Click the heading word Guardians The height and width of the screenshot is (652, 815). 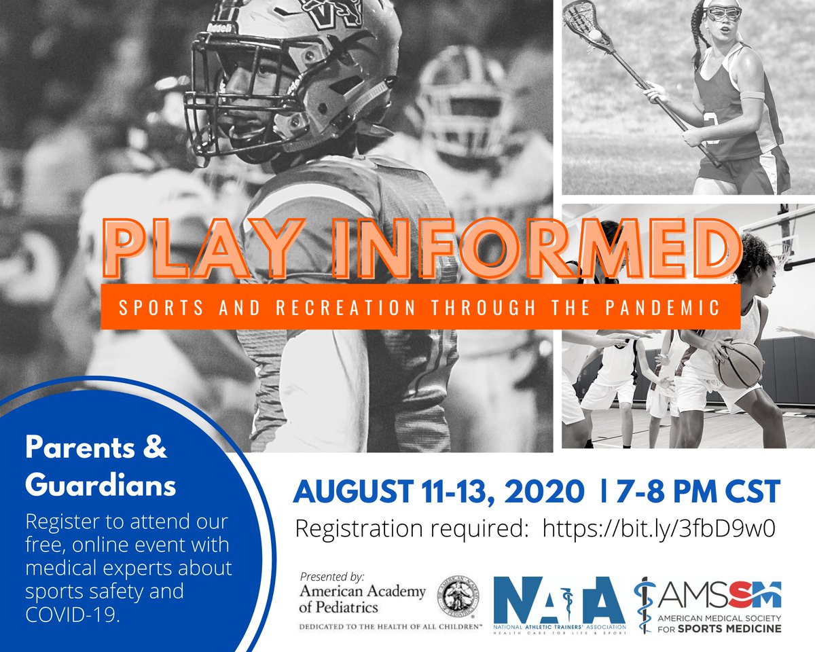coord(101,486)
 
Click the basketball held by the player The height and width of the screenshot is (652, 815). coord(739,364)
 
